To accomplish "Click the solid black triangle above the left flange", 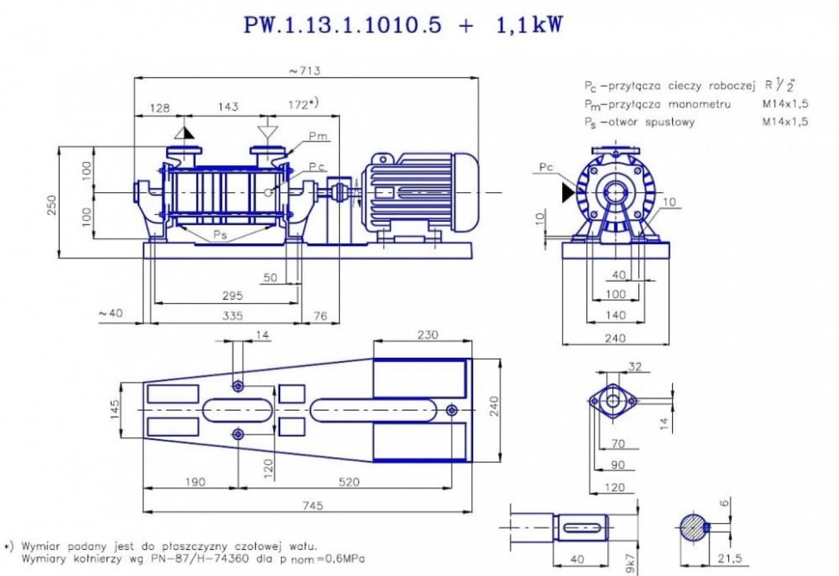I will tap(184, 133).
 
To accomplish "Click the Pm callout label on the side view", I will tap(318, 137).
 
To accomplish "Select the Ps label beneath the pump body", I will tap(220, 235).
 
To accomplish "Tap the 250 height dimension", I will tap(52, 204).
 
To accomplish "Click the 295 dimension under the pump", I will tap(232, 295).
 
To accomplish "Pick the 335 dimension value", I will tap(232, 315).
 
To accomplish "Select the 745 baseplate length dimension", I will tap(312, 505).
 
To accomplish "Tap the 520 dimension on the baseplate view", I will tap(349, 482).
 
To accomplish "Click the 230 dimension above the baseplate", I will tap(428, 335).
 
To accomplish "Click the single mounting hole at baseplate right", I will tap(452, 410).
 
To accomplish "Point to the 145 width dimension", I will tap(116, 410).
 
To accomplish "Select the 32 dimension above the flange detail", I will tap(635, 367).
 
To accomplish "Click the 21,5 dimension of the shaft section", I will tap(730, 558).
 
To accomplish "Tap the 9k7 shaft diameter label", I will tap(631, 563).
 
